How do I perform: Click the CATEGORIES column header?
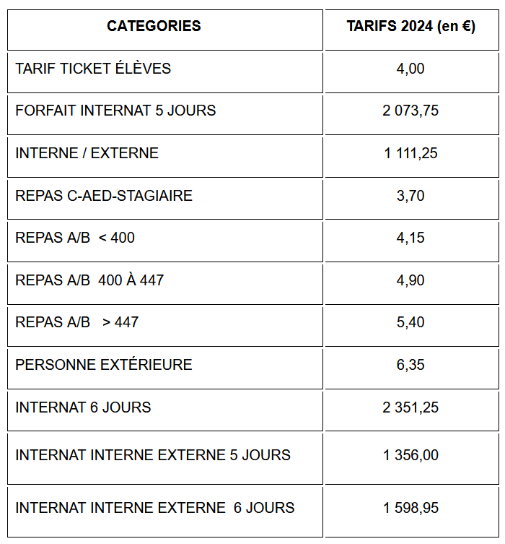click(154, 27)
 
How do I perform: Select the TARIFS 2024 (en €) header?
click(410, 27)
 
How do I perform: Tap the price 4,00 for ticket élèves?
click(410, 69)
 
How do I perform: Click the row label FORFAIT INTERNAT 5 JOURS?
click(115, 111)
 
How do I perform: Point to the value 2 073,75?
click(410, 111)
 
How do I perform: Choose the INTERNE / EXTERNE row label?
click(87, 153)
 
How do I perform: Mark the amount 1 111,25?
click(410, 153)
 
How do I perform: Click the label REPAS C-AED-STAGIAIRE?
click(104, 196)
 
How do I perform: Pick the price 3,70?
click(410, 196)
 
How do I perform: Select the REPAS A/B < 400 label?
click(75, 238)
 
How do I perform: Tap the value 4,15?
click(410, 238)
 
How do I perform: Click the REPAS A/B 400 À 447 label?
click(89, 280)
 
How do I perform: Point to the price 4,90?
click(410, 280)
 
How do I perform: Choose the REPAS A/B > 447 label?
click(76, 322)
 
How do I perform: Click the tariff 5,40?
click(410, 322)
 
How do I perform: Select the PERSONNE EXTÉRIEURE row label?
click(104, 365)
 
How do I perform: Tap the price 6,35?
click(410, 365)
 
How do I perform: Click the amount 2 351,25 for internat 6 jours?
click(410, 407)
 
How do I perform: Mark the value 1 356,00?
click(410, 455)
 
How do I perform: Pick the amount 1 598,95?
click(410, 508)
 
